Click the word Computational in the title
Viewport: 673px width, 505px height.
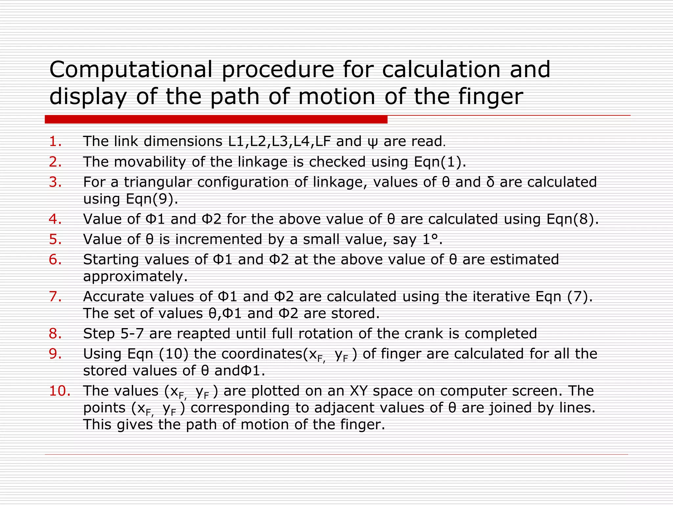pos(131,70)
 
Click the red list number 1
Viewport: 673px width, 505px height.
pos(55,141)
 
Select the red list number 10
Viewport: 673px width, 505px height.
pos(59,391)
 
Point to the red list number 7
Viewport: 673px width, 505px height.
pos(55,297)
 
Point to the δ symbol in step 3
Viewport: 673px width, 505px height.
pos(490,182)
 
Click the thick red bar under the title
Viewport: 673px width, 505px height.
pos(216,119)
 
